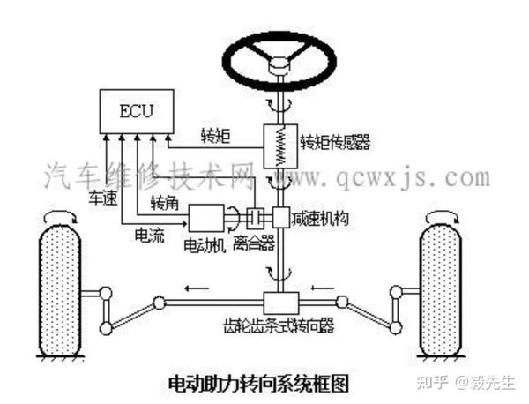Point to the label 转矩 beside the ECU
click(x=216, y=136)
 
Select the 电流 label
click(x=146, y=236)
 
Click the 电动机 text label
click(x=203, y=243)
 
